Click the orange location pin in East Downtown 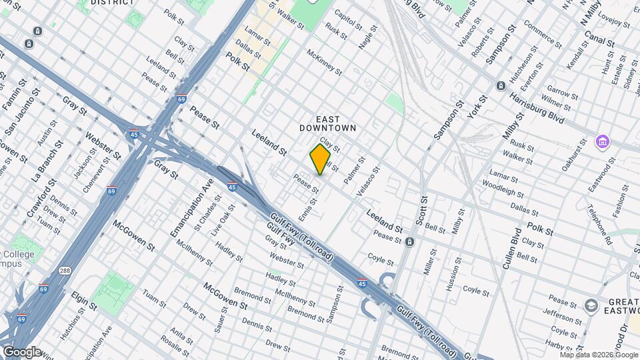320,159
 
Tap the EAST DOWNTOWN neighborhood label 327,123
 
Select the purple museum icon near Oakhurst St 603,142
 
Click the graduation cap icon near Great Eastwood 591,305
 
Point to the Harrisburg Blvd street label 537,109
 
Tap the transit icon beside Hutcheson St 501,86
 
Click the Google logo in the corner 21,351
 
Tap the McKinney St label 324,62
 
